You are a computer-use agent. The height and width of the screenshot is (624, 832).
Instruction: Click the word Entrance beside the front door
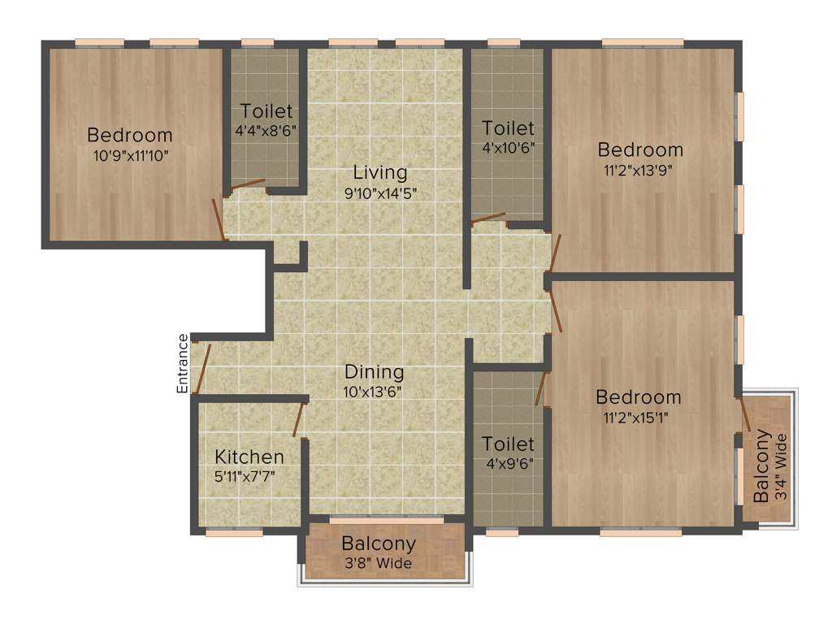(x=184, y=363)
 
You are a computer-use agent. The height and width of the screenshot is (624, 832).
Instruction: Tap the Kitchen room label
(x=249, y=457)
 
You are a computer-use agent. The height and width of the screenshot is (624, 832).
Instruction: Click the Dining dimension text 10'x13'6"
(x=375, y=392)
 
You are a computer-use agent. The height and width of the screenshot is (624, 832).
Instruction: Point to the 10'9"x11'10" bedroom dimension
(x=130, y=154)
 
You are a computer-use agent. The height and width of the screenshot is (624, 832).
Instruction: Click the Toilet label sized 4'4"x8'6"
(x=266, y=111)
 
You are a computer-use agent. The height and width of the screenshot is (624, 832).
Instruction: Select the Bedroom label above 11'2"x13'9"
(x=641, y=149)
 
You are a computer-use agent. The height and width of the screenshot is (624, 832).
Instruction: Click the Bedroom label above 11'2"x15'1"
(x=639, y=397)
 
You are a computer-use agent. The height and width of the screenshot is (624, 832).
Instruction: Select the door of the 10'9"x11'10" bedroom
(x=219, y=219)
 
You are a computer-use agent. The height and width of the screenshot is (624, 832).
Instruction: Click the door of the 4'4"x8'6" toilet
(x=247, y=184)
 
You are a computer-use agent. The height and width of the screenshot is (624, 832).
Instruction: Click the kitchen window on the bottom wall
(x=234, y=533)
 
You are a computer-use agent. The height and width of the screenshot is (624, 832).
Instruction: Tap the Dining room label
(x=375, y=372)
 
